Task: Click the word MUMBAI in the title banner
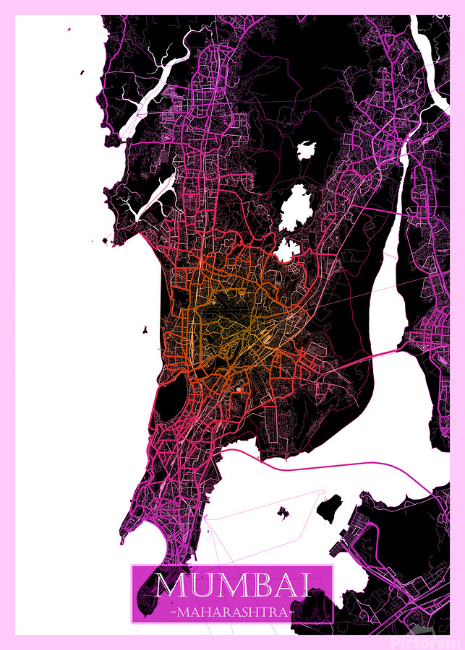pos(232,584)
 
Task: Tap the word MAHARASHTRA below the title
pos(232,612)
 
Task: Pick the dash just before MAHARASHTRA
pos(171,612)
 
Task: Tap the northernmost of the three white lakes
pos(306,151)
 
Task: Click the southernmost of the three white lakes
pos(287,249)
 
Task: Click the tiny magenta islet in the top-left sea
pos(69,30)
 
